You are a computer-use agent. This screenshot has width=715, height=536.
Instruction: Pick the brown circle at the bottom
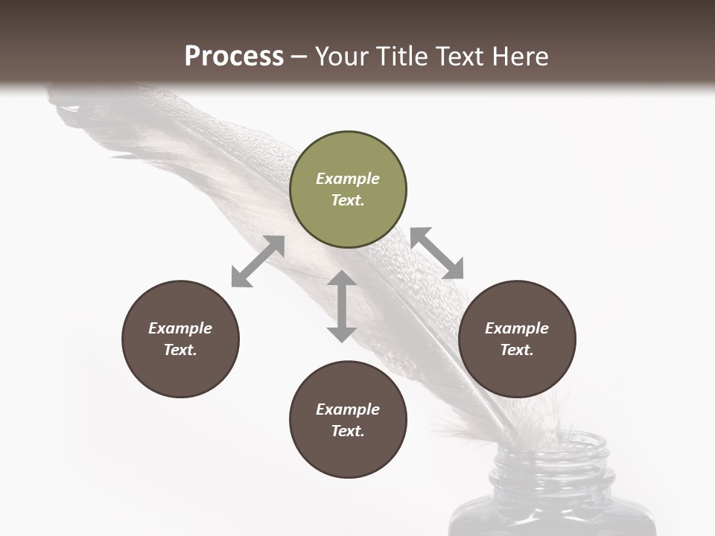click(348, 447)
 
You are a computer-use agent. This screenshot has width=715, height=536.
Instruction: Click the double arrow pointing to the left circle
click(258, 261)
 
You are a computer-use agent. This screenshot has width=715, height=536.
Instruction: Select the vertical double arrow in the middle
click(342, 306)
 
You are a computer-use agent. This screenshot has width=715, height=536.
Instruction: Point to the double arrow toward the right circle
click(437, 253)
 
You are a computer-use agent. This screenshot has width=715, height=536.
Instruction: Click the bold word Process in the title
click(234, 57)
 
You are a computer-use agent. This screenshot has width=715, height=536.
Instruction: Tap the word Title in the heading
click(404, 57)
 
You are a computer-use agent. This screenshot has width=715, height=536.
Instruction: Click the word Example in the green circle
click(348, 179)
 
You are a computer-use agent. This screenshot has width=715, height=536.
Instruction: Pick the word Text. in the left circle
click(180, 350)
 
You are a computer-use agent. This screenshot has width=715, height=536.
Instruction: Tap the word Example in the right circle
click(516, 328)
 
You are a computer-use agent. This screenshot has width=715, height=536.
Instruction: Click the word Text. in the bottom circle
click(348, 431)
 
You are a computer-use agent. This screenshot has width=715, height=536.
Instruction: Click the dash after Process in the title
click(299, 57)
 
